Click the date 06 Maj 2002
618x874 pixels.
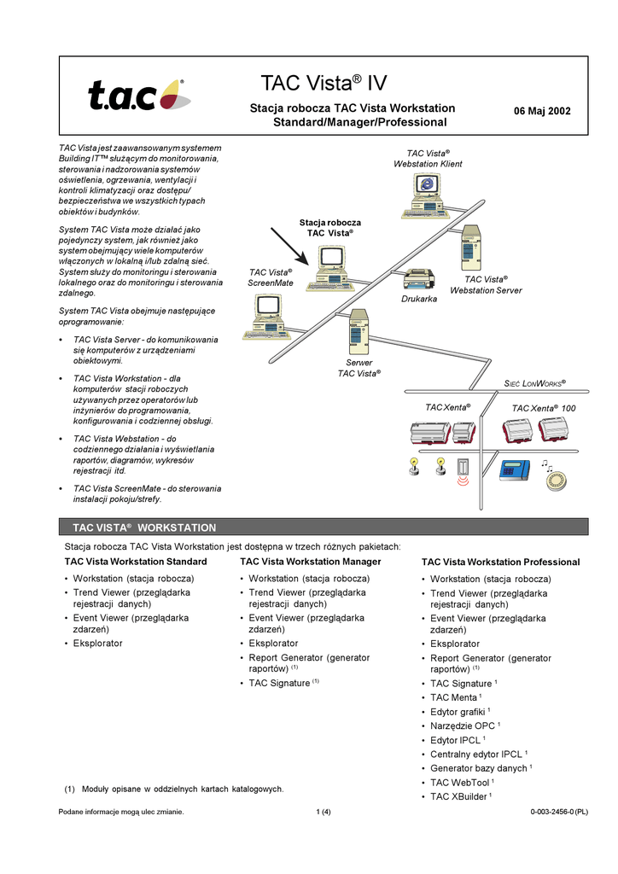[x=542, y=111]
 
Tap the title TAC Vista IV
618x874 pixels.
[x=324, y=83]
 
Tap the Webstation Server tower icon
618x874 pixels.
[x=473, y=248]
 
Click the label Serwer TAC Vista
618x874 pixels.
[x=359, y=368]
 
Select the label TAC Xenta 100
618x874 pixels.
[x=544, y=409]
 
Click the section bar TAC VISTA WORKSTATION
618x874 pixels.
[x=144, y=527]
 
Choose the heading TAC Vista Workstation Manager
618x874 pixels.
[x=311, y=562]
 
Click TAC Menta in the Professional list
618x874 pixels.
[x=456, y=698]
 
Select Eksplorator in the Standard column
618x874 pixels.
[x=97, y=643]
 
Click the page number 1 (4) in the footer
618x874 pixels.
[x=324, y=812]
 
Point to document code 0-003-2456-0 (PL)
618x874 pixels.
[x=559, y=812]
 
